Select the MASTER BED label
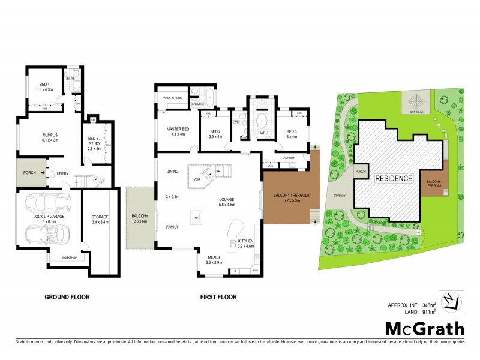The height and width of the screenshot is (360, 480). [178, 131]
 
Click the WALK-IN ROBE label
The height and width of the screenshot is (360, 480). [172, 96]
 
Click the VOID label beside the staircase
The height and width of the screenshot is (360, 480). [197, 179]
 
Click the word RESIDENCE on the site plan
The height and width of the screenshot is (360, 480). [394, 179]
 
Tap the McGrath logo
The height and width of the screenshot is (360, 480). [424, 328]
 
